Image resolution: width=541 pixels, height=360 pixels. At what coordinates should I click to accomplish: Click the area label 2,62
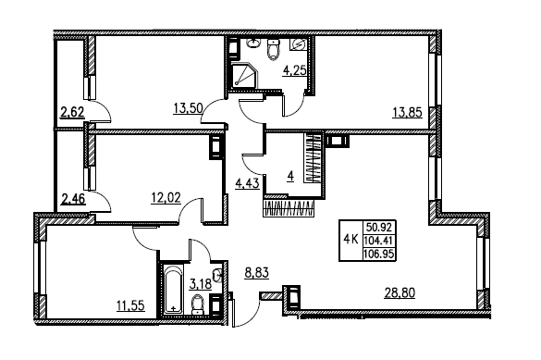tap(72, 114)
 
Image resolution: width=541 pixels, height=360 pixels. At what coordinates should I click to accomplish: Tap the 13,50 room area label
tap(189, 107)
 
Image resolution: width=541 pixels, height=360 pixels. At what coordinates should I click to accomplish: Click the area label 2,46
tap(72, 197)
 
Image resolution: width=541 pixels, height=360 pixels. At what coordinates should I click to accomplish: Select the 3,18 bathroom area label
tap(201, 283)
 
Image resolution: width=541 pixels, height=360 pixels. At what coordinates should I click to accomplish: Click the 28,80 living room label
tap(402, 292)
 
